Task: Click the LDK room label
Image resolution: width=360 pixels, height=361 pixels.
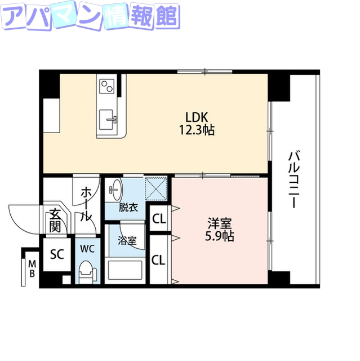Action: [x=198, y=117]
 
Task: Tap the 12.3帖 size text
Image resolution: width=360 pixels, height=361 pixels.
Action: [x=198, y=130]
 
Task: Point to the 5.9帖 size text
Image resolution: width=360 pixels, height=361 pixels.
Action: [x=219, y=236]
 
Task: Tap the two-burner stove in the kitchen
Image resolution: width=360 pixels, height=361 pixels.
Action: [x=106, y=86]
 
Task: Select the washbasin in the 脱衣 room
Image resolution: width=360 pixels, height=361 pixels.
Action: [x=115, y=188]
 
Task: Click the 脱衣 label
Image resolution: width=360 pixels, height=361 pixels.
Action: [x=128, y=208]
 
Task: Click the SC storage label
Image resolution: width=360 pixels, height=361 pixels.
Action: [x=57, y=254]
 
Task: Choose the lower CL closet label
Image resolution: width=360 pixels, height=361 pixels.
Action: [x=159, y=260]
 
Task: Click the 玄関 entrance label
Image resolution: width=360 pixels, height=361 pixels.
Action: [x=55, y=219]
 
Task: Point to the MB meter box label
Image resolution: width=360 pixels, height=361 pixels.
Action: [x=32, y=268]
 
